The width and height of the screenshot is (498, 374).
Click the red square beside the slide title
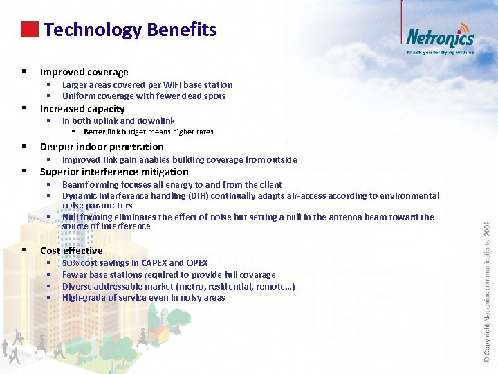point(29,30)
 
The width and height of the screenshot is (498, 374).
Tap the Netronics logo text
point(440,37)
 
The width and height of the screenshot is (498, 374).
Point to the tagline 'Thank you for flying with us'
point(440,52)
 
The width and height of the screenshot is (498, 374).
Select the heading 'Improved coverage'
point(84,72)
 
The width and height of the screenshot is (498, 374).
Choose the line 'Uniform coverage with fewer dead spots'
point(144,96)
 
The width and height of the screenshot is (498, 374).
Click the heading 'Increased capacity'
point(82,109)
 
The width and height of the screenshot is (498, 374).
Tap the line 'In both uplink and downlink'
point(118,121)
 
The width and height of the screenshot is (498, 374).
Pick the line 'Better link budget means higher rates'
point(148,132)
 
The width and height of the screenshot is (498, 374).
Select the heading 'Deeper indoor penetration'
point(102,147)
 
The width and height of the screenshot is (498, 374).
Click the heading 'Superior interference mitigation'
point(114,172)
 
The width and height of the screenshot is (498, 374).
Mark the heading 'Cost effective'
point(71,251)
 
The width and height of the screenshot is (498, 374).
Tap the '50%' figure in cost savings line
point(71,263)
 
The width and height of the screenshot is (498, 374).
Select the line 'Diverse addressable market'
point(178,286)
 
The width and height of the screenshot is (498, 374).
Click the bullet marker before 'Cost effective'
point(24,250)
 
